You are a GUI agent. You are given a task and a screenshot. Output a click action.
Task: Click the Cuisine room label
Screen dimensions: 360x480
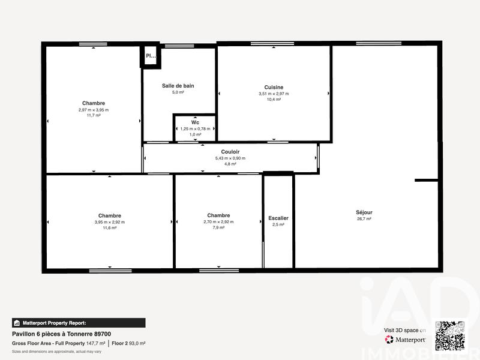[274, 87]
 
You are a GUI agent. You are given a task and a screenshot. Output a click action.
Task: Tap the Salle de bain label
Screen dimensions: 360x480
[178, 86]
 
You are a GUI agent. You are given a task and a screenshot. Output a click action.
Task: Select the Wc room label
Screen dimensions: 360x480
[195, 122]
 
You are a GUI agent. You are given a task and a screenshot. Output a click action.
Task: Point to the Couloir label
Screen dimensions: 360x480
[230, 152]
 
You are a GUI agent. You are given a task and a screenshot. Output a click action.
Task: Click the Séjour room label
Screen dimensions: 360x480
[364, 212]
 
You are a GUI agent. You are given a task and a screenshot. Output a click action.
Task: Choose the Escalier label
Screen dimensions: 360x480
[278, 218]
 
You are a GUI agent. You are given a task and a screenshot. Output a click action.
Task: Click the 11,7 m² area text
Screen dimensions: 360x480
[94, 116]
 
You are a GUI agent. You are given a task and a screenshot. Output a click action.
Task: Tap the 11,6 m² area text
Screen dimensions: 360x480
[110, 228]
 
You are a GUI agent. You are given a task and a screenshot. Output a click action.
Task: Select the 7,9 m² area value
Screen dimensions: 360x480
[218, 228]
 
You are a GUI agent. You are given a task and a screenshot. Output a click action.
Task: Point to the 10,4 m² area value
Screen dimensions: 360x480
[274, 100]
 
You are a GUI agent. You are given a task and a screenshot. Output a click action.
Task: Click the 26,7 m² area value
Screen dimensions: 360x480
[364, 219]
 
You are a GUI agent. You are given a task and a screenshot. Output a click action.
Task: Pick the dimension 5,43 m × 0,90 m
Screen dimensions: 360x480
[230, 158]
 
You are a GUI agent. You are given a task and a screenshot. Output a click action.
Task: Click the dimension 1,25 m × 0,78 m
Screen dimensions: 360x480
[195, 128]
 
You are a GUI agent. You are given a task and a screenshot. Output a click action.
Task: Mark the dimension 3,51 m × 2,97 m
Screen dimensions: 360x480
[274, 94]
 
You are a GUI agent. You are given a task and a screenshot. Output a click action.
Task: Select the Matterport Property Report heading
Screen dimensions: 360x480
[54, 322]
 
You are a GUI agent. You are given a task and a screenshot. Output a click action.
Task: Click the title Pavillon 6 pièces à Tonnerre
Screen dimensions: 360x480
[61, 334]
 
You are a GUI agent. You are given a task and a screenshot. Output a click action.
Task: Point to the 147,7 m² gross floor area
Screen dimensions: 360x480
[96, 343]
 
